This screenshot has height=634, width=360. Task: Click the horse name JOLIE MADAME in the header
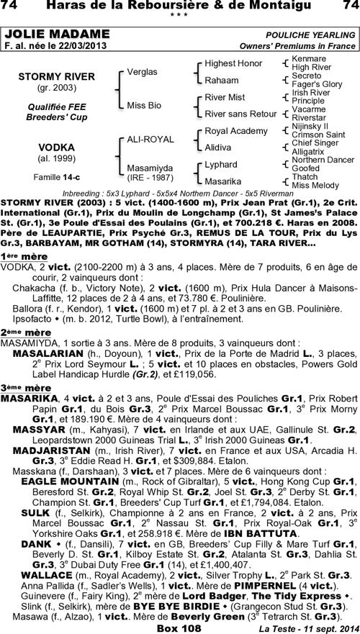(44, 34)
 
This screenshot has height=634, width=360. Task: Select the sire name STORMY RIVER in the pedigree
(46, 76)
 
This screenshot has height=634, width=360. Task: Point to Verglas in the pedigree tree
(142, 72)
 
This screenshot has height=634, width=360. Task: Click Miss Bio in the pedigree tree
(143, 105)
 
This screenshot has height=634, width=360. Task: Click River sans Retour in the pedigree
(240, 114)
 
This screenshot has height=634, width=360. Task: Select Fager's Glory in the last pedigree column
(317, 84)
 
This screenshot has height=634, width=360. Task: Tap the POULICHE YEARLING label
(310, 34)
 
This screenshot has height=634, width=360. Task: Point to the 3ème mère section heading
(19, 386)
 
